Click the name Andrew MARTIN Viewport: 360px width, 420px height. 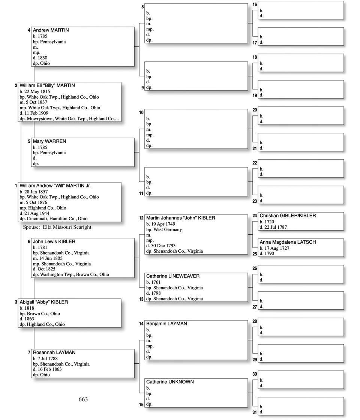point(51,30)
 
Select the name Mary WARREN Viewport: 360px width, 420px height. point(49,141)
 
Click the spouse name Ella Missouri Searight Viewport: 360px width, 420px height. point(67,227)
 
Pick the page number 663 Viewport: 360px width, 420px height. point(83,399)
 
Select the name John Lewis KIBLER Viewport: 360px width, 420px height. point(54,241)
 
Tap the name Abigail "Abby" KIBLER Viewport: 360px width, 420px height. point(44,302)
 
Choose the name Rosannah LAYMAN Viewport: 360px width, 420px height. point(54,352)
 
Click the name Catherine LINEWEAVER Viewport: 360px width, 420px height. point(173,276)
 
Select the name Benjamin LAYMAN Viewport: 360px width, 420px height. point(166,324)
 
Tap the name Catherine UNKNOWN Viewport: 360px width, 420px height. point(170,382)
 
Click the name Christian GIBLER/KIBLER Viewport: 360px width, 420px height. point(288,216)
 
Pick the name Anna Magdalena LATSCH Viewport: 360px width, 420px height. point(288,242)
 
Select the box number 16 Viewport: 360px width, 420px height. point(255,4)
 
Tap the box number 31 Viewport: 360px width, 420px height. point(255,412)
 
